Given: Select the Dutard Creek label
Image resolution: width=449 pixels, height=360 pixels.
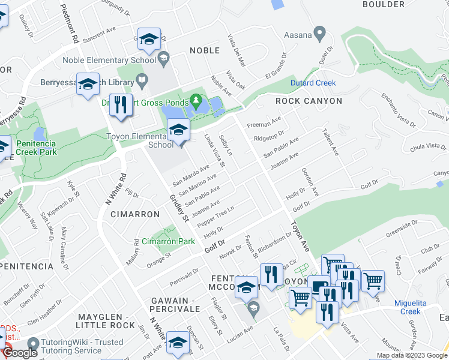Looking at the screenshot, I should (x=313, y=83).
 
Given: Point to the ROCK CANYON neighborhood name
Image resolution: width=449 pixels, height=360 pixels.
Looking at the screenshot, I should (x=309, y=101).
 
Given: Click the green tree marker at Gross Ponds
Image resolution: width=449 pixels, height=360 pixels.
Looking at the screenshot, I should (x=196, y=98).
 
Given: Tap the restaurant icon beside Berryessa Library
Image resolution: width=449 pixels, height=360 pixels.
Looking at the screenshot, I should (x=121, y=105).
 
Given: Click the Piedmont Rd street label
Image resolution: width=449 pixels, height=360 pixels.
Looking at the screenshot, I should (x=70, y=23).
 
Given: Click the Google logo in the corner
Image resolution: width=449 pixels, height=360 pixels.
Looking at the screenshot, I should (x=20, y=353).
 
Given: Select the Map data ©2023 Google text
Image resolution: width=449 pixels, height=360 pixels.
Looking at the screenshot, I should (x=411, y=356).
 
